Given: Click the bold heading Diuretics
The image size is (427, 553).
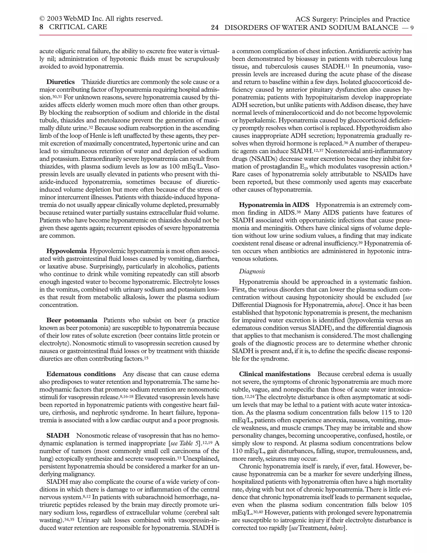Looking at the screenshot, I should coord(60,82).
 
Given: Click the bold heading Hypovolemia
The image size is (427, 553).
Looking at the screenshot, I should coord(66,251).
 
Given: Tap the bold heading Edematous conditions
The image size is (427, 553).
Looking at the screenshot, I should coord(81,374).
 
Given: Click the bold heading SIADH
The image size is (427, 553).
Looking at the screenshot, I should coord(58,436).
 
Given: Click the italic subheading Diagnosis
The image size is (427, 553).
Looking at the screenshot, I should coord(252,271).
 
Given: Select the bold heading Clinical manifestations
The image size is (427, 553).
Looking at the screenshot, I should coord(274,374).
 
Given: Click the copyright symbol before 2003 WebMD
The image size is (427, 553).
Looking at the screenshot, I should coord(42,19).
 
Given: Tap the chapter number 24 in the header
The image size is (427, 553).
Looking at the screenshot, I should coord(215,28).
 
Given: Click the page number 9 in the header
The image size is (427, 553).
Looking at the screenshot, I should coord(412,28).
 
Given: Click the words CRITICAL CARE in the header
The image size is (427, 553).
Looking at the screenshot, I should coord(78,27).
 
